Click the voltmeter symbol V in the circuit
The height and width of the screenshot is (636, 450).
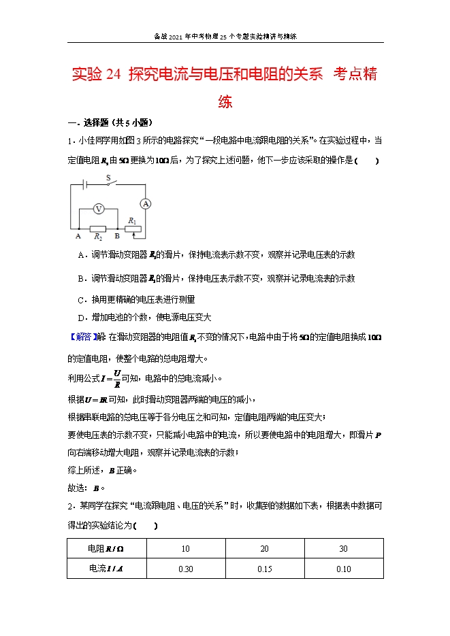[99, 210]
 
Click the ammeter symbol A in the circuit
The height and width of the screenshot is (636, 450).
[145, 203]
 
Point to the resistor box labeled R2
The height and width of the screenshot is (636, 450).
[98, 229]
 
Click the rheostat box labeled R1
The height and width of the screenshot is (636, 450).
[133, 229]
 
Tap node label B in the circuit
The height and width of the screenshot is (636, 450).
[117, 237]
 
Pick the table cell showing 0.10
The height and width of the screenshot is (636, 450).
[344, 569]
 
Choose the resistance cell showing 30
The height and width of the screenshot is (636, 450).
[344, 548]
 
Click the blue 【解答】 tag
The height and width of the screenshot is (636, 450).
[82, 337]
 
